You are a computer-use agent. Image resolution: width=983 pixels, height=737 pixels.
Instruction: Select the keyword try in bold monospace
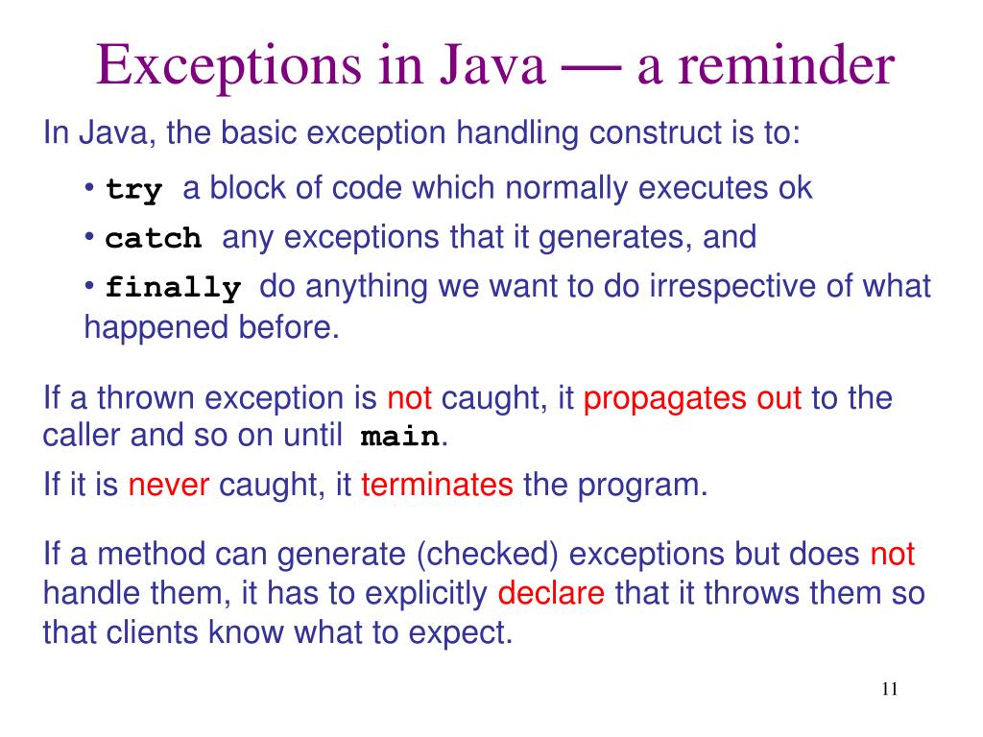134,189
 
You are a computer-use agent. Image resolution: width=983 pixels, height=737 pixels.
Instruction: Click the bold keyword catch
154,238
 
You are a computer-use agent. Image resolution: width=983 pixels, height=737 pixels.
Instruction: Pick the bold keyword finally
173,288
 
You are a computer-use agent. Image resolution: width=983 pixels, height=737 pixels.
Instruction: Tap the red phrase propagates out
692,398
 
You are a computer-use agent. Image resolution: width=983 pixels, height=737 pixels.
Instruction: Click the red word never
169,486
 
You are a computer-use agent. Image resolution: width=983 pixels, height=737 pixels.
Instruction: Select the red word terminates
438,486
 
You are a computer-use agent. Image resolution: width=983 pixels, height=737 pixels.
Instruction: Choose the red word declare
551,594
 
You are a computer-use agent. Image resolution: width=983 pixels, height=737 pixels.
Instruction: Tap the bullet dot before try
89,187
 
